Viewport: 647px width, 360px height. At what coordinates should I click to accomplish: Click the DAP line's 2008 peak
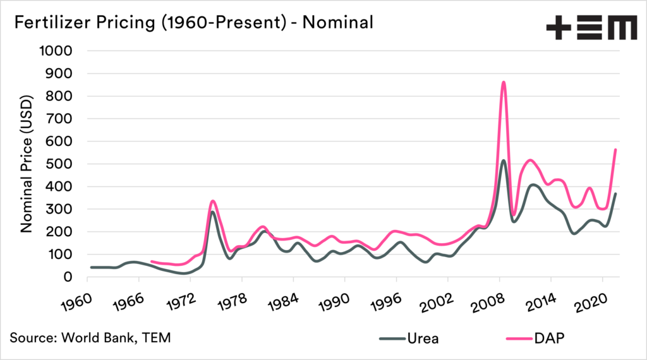(504, 82)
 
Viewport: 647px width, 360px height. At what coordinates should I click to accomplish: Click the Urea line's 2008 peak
(504, 160)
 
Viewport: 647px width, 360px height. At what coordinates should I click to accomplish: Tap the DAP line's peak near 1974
(213, 201)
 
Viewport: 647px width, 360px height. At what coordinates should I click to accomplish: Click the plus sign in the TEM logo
(559, 28)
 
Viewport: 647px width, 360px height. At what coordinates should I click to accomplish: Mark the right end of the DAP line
(615, 150)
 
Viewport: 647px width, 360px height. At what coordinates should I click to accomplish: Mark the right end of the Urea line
(615, 194)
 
